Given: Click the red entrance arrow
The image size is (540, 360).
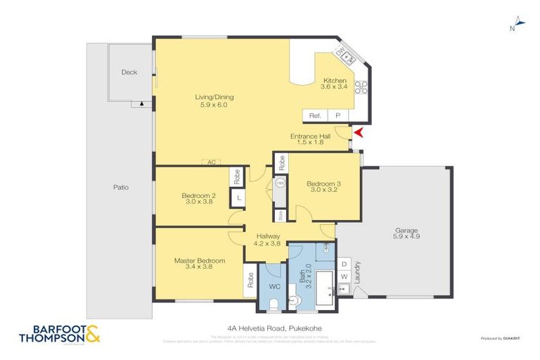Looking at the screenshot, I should (x=359, y=133).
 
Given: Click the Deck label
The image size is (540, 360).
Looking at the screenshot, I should (x=129, y=72).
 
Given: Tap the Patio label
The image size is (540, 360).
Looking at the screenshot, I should (x=120, y=187).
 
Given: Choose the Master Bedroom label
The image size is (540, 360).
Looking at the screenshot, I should (x=200, y=261).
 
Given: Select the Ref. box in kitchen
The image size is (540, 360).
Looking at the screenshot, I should (x=315, y=115).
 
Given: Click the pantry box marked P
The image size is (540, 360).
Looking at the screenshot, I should (x=337, y=115).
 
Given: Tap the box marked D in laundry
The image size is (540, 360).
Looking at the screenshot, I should (x=345, y=264).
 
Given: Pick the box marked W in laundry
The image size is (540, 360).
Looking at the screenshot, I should (x=345, y=276).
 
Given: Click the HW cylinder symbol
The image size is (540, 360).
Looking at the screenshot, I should (x=279, y=183).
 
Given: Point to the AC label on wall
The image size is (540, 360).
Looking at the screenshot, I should (x=210, y=162).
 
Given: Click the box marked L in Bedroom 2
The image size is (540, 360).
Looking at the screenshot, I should (x=239, y=199).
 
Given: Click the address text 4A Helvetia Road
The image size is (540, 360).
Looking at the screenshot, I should (x=270, y=328).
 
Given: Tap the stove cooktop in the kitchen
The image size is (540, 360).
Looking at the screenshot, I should (x=361, y=87).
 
